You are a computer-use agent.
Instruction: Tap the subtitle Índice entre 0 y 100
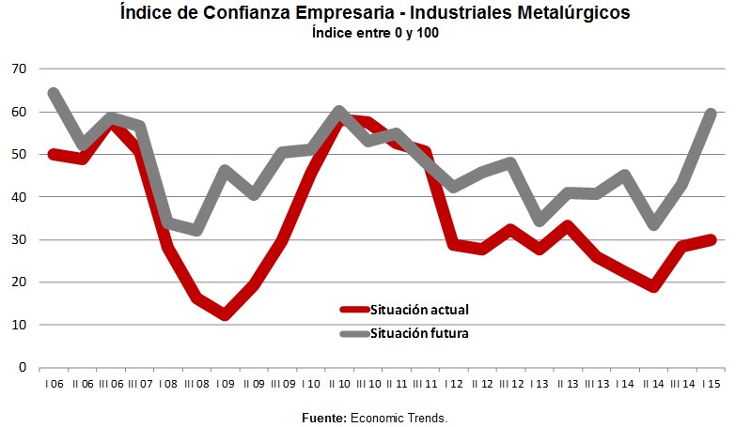click(x=376, y=34)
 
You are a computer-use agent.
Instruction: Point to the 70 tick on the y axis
click(x=19, y=69)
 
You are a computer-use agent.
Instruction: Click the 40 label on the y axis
click(x=19, y=197)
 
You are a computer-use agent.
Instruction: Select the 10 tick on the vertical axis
click(x=19, y=325)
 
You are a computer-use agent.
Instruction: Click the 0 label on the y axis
click(x=23, y=368)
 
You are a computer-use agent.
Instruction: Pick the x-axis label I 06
click(x=53, y=385)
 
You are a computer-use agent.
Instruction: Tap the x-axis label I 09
click(x=226, y=385)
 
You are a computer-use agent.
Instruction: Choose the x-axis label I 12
click(x=456, y=385)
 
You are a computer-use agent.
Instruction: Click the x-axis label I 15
click(x=712, y=385)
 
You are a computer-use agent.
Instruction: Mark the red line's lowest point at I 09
click(x=225, y=314)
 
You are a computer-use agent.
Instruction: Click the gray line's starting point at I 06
click(x=53, y=93)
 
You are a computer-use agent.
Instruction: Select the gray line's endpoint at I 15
click(x=712, y=114)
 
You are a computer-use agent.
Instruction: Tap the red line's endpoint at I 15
click(x=712, y=239)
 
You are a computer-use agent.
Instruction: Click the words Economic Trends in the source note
click(x=399, y=416)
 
